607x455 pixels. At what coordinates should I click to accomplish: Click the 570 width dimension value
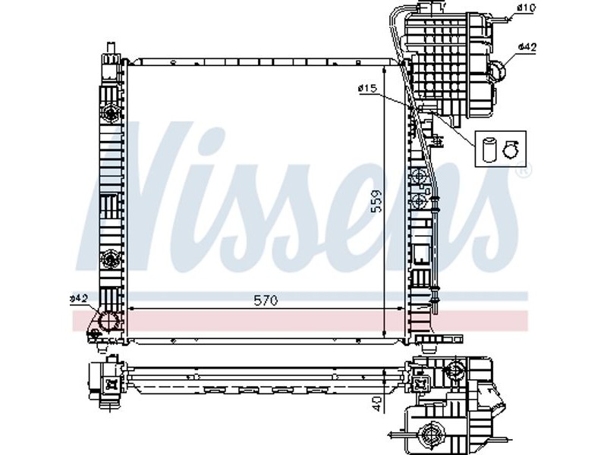pyautogui.click(x=266, y=300)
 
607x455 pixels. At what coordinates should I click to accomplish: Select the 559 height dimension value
pyautogui.click(x=376, y=200)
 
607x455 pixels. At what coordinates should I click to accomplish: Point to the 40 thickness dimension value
pyautogui.click(x=376, y=403)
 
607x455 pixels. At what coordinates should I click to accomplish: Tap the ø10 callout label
pyautogui.click(x=526, y=7)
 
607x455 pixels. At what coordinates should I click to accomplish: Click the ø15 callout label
pyautogui.click(x=367, y=89)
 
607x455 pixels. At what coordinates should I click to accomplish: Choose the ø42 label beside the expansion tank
pyautogui.click(x=527, y=47)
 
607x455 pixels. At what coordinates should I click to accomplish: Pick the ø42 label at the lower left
pyautogui.click(x=79, y=298)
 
